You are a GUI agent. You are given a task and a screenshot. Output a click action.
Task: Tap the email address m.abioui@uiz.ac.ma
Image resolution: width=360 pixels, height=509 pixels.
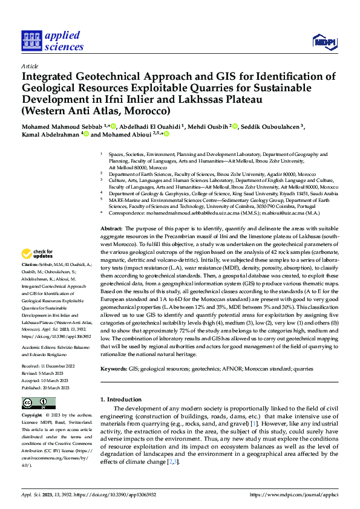[288, 213]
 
